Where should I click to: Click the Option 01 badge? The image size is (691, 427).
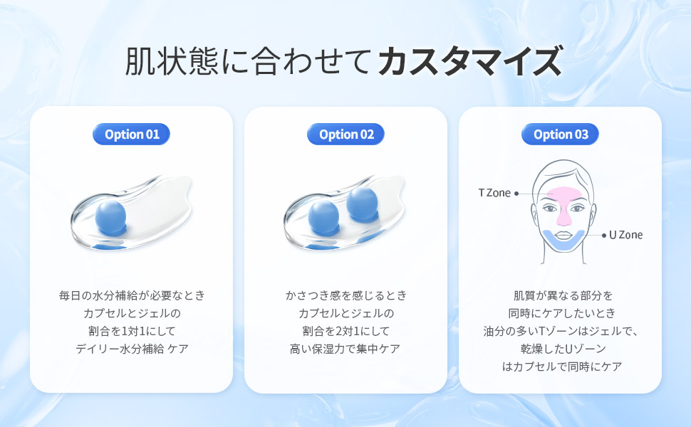[131, 135]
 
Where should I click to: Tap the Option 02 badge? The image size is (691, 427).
[346, 135]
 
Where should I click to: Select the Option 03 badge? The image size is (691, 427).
[560, 135]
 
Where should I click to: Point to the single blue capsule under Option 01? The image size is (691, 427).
[110, 216]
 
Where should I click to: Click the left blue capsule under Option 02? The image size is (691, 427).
[323, 216]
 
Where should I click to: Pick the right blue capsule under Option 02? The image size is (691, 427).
[363, 203]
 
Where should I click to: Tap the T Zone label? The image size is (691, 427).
[494, 193]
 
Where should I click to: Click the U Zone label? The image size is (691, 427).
[625, 235]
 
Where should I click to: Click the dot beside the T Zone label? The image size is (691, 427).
[516, 194]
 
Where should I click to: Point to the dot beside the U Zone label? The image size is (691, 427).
[604, 236]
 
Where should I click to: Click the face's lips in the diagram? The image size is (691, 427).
[563, 233]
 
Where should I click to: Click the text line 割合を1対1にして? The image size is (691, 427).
[132, 331]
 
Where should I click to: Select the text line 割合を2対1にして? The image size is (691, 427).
[346, 331]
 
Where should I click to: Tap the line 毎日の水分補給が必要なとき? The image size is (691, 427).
[132, 295]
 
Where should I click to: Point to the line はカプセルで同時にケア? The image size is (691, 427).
[562, 367]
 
